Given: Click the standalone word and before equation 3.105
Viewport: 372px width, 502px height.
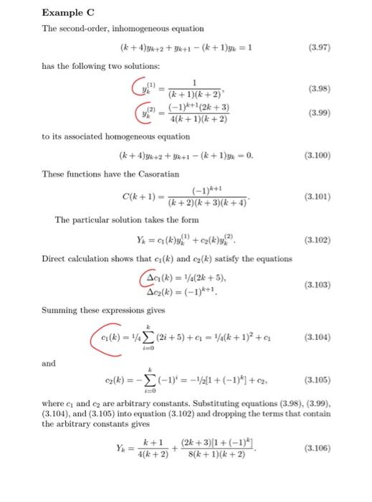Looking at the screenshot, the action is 49,364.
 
